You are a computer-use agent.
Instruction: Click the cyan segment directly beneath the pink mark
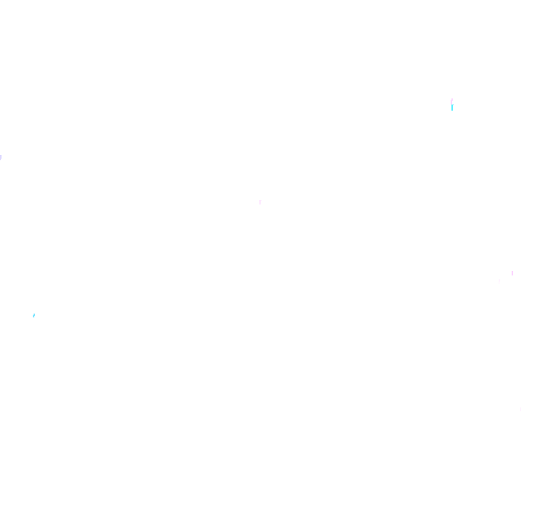pyautogui.click(x=452, y=108)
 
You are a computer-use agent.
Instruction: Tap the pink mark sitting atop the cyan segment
pyautogui.click(x=451, y=101)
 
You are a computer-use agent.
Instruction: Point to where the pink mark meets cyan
pyautogui.click(x=452, y=105)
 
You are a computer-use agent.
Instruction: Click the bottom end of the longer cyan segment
pyautogui.click(x=452, y=111)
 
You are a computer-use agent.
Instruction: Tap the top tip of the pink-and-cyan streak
pyautogui.click(x=452, y=98)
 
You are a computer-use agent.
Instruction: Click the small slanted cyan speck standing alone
pyautogui.click(x=34, y=315)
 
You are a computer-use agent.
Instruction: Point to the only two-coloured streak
pyautogui.click(x=452, y=104)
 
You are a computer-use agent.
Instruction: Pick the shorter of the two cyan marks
pyautogui.click(x=34, y=315)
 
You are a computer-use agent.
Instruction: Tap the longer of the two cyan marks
pyautogui.click(x=452, y=108)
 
